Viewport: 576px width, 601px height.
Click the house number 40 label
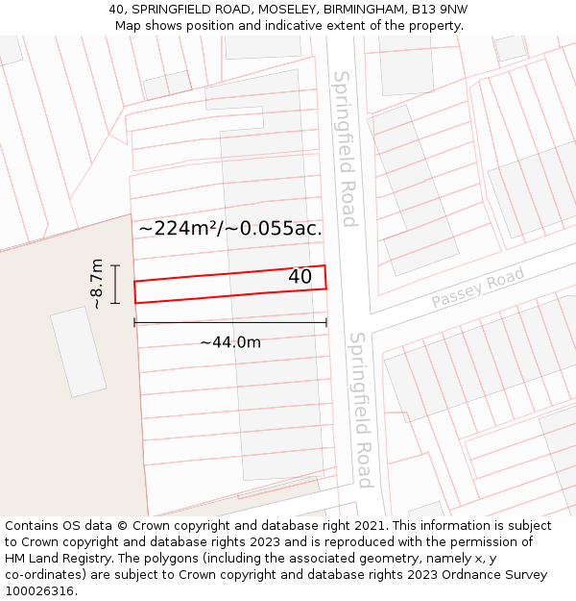point(300,277)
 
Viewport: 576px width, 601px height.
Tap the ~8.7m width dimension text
point(97,284)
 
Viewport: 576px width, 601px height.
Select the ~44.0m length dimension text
point(230,342)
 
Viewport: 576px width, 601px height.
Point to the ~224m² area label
point(230,229)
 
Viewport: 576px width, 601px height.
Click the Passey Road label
point(478,288)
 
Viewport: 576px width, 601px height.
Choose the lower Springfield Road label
point(360,410)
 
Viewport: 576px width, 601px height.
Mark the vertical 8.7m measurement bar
point(115,284)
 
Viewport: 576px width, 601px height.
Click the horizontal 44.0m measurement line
point(230,322)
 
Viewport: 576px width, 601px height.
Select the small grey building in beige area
point(79,351)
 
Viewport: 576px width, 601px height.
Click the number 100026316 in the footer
point(37,590)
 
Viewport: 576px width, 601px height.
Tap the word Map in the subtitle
point(129,25)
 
